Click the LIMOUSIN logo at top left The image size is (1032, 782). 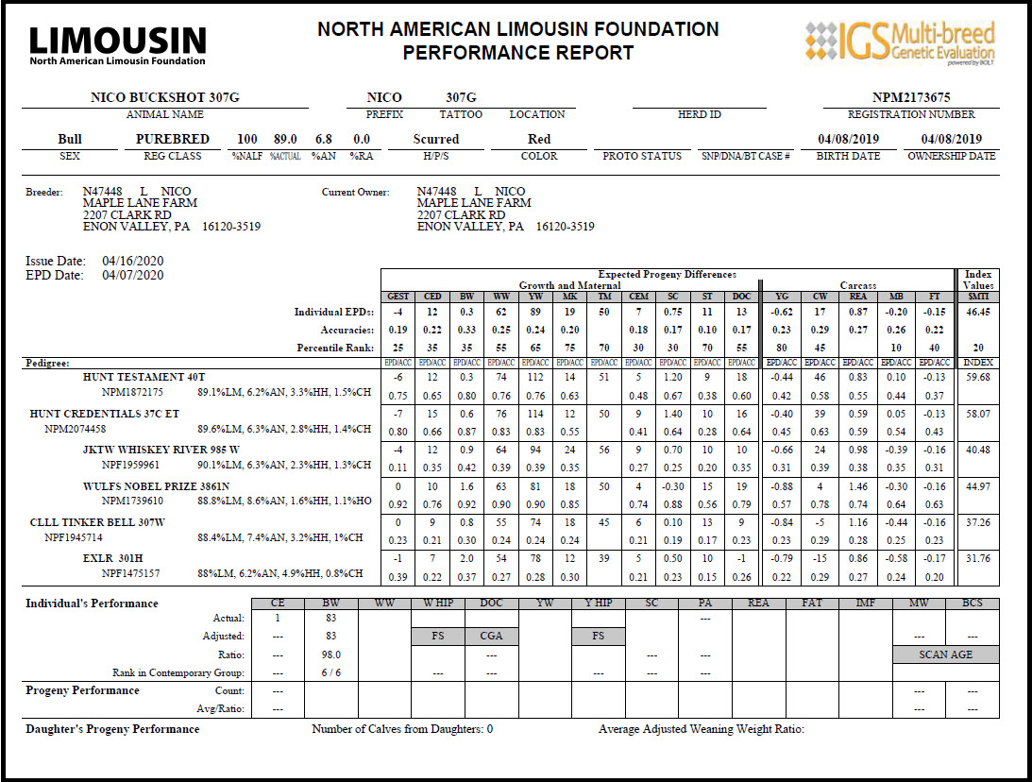click(118, 43)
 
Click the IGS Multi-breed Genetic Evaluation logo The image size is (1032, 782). click(900, 43)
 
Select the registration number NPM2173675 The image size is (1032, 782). click(911, 97)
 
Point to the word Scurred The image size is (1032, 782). click(435, 139)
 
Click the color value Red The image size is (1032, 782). click(539, 139)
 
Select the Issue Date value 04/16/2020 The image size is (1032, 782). click(133, 261)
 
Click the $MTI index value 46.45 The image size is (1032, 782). click(978, 311)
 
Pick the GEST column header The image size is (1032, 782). click(398, 297)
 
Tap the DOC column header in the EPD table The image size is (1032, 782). click(741, 297)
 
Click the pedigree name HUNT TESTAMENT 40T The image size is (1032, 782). click(144, 377)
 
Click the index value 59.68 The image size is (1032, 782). click(978, 377)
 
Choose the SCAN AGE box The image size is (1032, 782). click(945, 654)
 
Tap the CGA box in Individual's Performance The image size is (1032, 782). click(491, 637)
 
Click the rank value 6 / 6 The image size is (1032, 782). click(330, 672)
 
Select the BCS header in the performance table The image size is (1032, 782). click(972, 603)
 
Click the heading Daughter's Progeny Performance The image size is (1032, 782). click(112, 729)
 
